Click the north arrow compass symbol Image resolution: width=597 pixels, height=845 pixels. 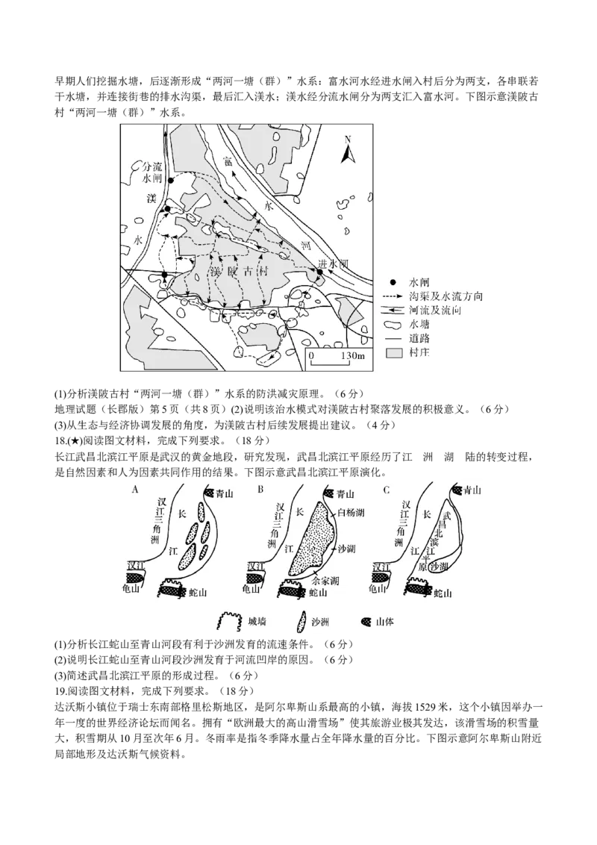[346, 151]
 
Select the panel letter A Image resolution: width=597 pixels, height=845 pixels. [135, 490]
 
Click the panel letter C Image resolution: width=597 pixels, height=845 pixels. [386, 490]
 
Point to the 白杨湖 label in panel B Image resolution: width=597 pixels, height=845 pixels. [350, 513]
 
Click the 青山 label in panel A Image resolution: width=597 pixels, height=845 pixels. [224, 493]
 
